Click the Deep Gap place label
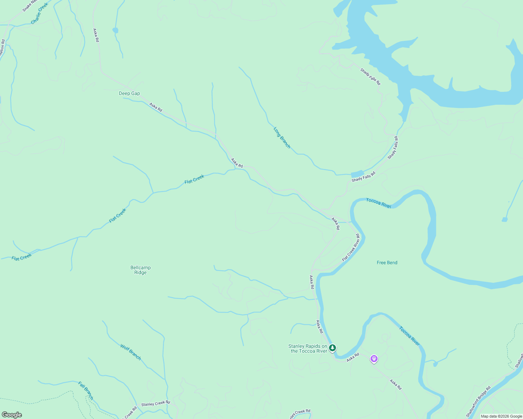click(129, 93)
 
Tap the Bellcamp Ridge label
click(140, 270)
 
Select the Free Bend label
click(387, 263)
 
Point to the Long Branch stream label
click(282, 138)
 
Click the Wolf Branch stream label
click(130, 352)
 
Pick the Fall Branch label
click(86, 391)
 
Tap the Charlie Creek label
click(40, 14)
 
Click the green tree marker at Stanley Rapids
click(332, 348)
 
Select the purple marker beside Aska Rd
click(374, 359)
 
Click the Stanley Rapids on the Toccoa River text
click(308, 348)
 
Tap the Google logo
click(12, 415)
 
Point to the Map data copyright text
click(501, 416)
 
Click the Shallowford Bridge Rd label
click(478, 402)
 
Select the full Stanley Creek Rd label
click(156, 403)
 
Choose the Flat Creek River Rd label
click(351, 248)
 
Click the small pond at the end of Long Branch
click(357, 174)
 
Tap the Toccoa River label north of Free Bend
click(378, 203)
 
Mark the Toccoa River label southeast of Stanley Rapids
click(409, 336)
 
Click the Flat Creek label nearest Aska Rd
click(194, 179)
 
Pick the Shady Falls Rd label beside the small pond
click(363, 177)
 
